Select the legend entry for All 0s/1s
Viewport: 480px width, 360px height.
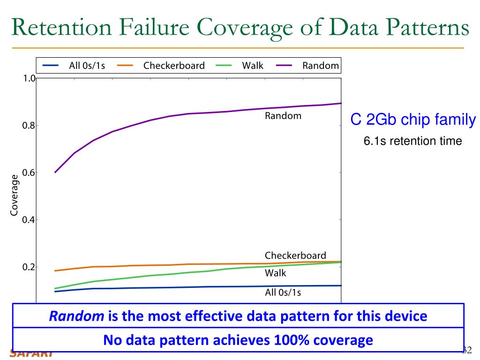[x=87, y=66]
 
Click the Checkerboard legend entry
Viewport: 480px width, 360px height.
[x=174, y=66]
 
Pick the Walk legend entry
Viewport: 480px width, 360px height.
[x=252, y=66]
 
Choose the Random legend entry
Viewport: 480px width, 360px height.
[x=320, y=66]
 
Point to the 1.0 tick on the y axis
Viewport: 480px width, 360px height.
[x=29, y=78]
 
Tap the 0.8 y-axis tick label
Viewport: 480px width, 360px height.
[x=29, y=126]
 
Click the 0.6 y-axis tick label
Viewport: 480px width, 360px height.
[x=29, y=172]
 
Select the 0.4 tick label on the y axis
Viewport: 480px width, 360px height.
[x=29, y=220]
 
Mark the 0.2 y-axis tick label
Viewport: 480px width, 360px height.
[x=29, y=267]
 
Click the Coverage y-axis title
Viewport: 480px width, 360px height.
[x=15, y=195]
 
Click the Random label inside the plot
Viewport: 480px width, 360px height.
[x=283, y=115]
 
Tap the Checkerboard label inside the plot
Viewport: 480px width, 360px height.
[x=295, y=255]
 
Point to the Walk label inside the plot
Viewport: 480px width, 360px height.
[x=276, y=273]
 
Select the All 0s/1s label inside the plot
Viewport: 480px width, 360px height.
[x=283, y=293]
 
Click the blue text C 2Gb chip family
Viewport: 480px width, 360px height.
[x=413, y=120]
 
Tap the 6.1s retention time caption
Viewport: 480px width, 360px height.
[x=413, y=141]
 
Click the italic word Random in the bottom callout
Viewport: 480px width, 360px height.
[x=77, y=316]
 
